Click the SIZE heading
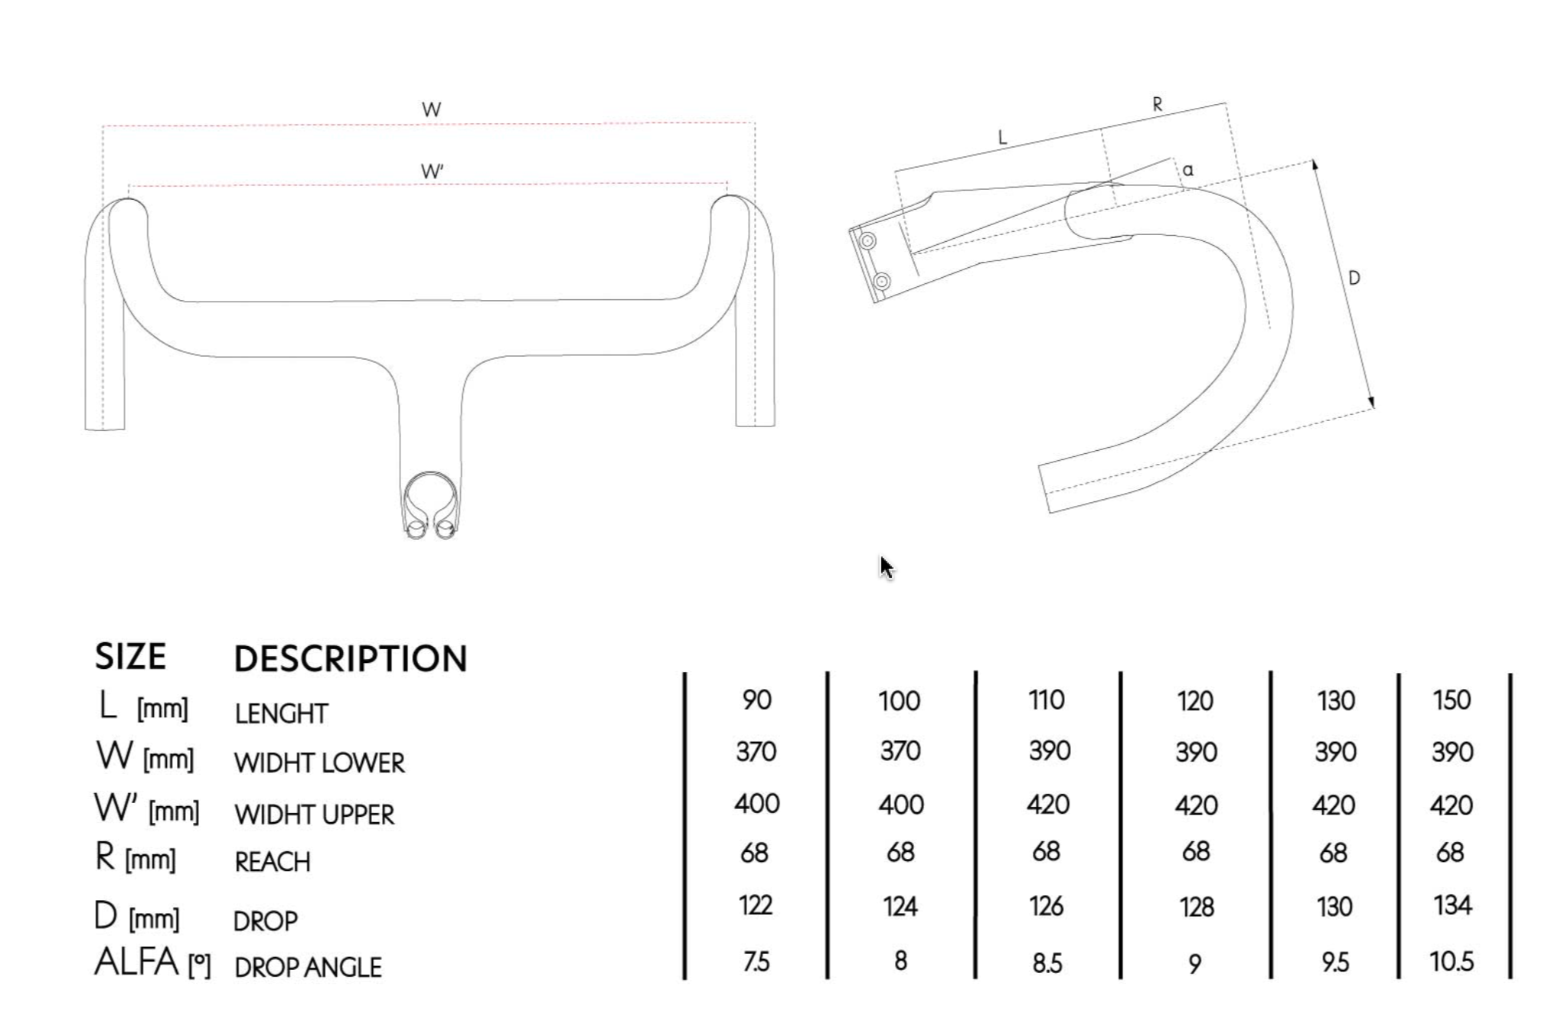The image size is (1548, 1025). [x=130, y=657]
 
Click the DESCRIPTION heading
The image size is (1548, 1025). [x=350, y=658]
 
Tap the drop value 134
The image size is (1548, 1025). [x=1452, y=906]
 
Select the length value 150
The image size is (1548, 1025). [x=1451, y=700]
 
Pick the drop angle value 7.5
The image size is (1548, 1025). [x=756, y=961]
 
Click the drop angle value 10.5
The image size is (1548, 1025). [x=1451, y=961]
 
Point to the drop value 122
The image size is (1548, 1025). [x=755, y=906]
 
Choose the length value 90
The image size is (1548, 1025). [x=756, y=700]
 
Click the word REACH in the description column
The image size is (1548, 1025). [x=273, y=863]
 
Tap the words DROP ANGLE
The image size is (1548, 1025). [x=308, y=968]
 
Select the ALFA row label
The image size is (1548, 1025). [x=136, y=963]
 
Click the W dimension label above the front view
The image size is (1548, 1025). [x=431, y=109]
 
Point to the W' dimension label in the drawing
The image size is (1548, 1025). [x=432, y=171]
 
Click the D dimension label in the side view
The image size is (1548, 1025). [x=1354, y=278]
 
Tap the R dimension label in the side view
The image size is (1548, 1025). [x=1157, y=105]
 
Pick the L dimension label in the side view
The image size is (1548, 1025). [x=1002, y=138]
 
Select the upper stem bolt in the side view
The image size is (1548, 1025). [x=867, y=241]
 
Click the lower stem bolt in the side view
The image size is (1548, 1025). [x=882, y=281]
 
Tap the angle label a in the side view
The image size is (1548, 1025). [x=1187, y=170]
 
